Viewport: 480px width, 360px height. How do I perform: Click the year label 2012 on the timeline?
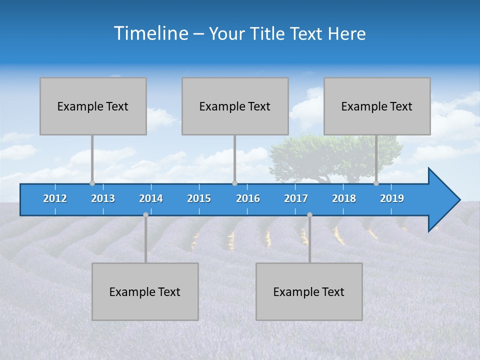[55, 198]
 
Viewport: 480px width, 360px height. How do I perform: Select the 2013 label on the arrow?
[103, 198]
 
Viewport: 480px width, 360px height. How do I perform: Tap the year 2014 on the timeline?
[151, 198]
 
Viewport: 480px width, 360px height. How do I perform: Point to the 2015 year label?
[199, 198]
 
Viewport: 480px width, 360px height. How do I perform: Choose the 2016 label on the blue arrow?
[248, 198]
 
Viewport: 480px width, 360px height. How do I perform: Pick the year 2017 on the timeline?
[296, 198]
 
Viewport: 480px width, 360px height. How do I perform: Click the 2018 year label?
[344, 198]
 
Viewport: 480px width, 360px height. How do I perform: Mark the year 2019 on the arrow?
[392, 198]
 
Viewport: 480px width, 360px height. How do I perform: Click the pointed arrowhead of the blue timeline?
[445, 200]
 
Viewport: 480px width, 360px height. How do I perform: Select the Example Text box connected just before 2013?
[93, 106]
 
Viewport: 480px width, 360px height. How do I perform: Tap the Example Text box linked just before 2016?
[235, 106]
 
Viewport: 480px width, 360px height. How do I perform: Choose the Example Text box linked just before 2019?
[377, 106]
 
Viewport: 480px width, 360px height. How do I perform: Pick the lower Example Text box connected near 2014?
[145, 291]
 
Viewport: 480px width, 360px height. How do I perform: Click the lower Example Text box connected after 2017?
[309, 291]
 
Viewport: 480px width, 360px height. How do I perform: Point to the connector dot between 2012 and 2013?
[92, 183]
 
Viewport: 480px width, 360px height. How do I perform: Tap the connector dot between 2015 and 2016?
[234, 183]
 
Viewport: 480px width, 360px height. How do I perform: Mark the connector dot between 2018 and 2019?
[376, 183]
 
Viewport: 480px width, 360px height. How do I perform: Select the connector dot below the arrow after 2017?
[309, 214]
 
